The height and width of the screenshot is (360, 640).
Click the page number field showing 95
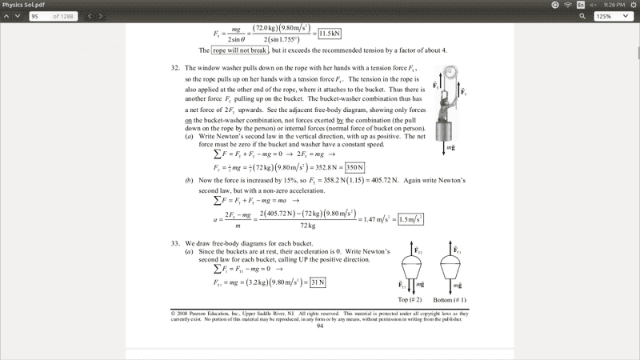pos(38,16)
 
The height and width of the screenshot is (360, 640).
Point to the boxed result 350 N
pos(350,167)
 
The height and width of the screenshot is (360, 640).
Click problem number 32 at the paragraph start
pos(174,69)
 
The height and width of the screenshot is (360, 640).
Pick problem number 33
pos(174,242)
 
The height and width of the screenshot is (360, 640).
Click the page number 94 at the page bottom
pos(320,326)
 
